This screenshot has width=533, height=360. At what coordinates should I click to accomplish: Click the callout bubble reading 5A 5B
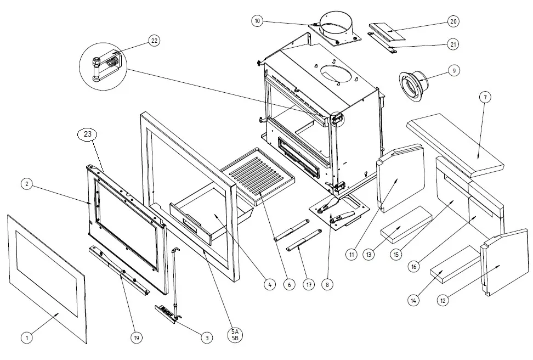coord(235,334)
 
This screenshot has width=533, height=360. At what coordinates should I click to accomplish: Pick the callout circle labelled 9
coord(453,70)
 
